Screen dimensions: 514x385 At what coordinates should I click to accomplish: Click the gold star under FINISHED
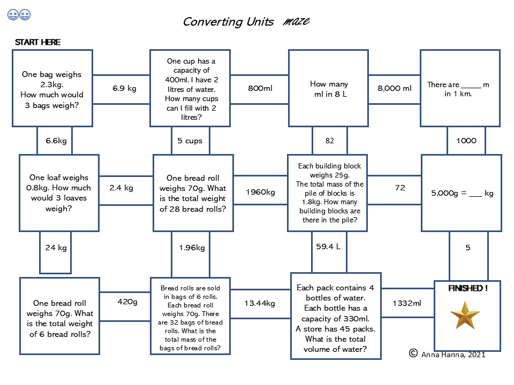click(x=465, y=315)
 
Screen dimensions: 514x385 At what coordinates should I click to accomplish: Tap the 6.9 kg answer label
click(x=124, y=88)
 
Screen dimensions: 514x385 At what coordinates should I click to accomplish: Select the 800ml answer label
click(x=260, y=88)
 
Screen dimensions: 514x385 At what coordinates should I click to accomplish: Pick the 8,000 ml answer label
click(x=395, y=88)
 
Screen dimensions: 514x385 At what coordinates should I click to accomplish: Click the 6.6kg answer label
click(x=56, y=141)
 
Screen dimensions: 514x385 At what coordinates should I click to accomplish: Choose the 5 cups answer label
click(x=190, y=141)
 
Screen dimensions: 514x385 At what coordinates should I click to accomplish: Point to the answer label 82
click(x=330, y=141)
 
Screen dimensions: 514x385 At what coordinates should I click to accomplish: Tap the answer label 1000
click(x=466, y=141)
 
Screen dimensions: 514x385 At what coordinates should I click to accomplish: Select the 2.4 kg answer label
click(x=122, y=188)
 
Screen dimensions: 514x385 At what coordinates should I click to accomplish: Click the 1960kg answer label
click(x=260, y=192)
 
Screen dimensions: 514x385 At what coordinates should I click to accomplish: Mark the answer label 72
click(x=400, y=188)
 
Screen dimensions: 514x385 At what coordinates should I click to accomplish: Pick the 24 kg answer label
click(x=56, y=248)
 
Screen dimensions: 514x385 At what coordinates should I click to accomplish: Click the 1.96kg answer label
click(x=192, y=248)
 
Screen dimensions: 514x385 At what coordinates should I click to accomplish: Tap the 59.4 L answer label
click(x=328, y=247)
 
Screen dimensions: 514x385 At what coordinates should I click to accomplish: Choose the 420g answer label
click(x=127, y=302)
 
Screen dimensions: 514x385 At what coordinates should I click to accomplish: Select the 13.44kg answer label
click(x=260, y=304)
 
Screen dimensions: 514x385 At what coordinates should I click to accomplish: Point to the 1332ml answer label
click(x=407, y=303)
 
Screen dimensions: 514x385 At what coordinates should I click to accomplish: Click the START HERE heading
click(x=37, y=42)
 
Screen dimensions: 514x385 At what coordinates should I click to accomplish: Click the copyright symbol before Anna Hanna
click(x=413, y=353)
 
